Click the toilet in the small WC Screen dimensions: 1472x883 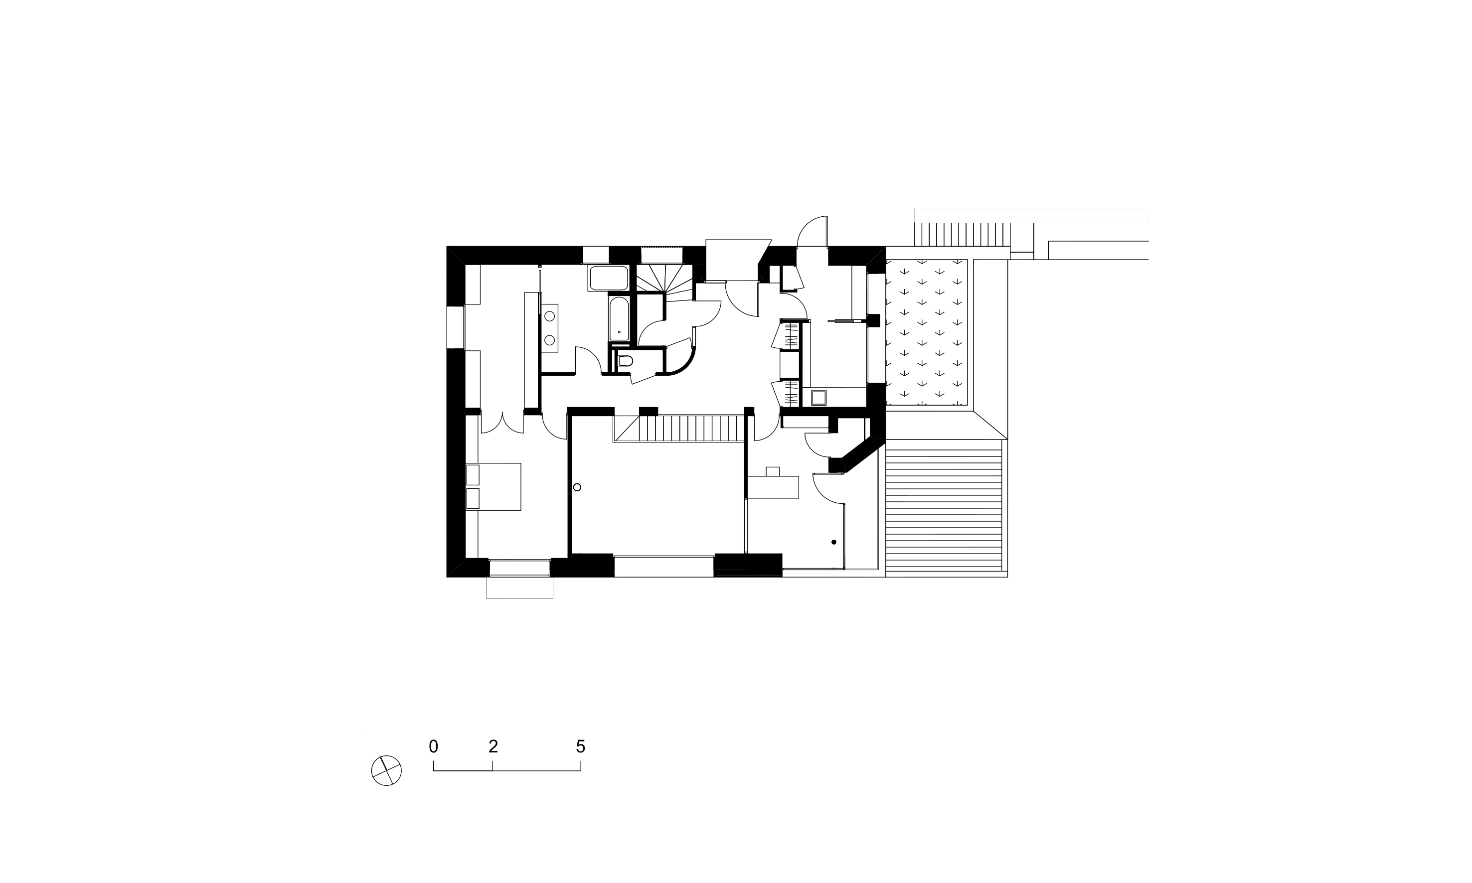(x=626, y=361)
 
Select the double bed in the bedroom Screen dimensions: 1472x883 (x=493, y=486)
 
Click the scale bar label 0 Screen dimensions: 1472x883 (x=433, y=747)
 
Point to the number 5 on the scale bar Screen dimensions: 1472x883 (x=581, y=747)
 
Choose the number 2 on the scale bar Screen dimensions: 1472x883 (x=493, y=747)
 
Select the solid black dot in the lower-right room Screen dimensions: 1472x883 (x=833, y=542)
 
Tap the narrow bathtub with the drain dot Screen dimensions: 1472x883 (x=619, y=319)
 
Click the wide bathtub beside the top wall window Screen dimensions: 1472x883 (x=608, y=279)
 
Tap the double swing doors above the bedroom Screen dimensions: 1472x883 (x=502, y=423)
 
